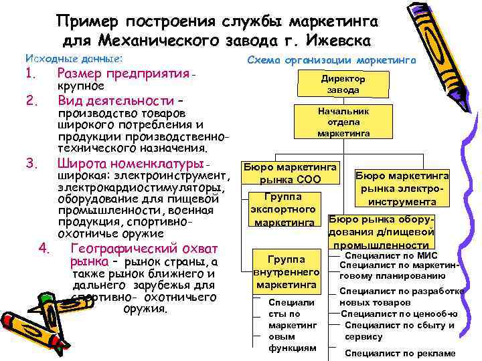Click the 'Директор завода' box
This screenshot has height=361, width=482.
coord(343,84)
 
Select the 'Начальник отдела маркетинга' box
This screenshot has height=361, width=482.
coord(343,122)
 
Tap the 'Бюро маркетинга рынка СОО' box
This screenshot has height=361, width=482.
coord(290,172)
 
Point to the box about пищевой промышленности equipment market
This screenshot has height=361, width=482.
coord(382,232)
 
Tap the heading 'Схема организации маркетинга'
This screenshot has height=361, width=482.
coord(331,59)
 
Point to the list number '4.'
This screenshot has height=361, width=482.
coord(45,248)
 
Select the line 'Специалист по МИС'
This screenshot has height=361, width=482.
coord(390,255)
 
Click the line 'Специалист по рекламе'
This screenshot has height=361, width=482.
coord(400,353)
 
